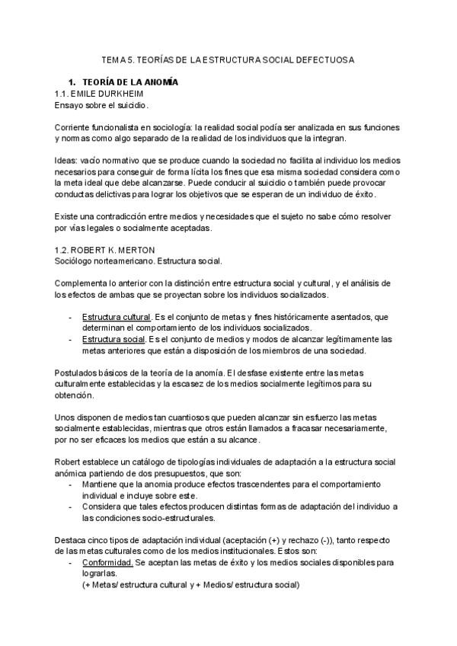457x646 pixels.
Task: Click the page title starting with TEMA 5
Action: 228,59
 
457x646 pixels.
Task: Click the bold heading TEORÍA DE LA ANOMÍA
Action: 129,82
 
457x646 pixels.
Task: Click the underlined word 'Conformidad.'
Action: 107,562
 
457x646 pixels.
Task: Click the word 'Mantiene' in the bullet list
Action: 101,484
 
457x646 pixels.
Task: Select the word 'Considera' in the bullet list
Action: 103,507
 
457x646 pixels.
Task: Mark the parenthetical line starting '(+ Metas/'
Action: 190,584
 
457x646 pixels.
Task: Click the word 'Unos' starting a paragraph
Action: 65,417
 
